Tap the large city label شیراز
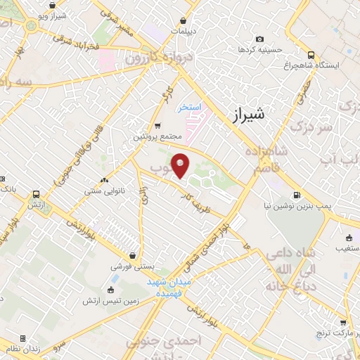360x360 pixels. coord(247,115)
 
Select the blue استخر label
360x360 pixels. coord(188,107)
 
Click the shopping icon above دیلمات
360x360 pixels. coord(183,21)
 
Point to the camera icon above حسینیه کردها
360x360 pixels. coord(260,39)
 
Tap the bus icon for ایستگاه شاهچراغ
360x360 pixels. coord(311,54)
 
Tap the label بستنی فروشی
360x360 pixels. coord(129,267)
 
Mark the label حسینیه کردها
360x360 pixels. coord(260,50)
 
